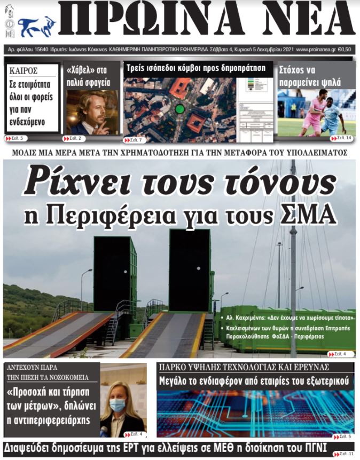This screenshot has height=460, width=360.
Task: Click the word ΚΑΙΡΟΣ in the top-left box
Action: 23,70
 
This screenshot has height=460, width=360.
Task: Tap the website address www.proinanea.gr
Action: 315,49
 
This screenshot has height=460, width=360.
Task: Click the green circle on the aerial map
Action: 180,109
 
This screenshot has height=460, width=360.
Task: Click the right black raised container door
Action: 190,269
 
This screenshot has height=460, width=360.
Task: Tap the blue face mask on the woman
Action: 118,405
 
